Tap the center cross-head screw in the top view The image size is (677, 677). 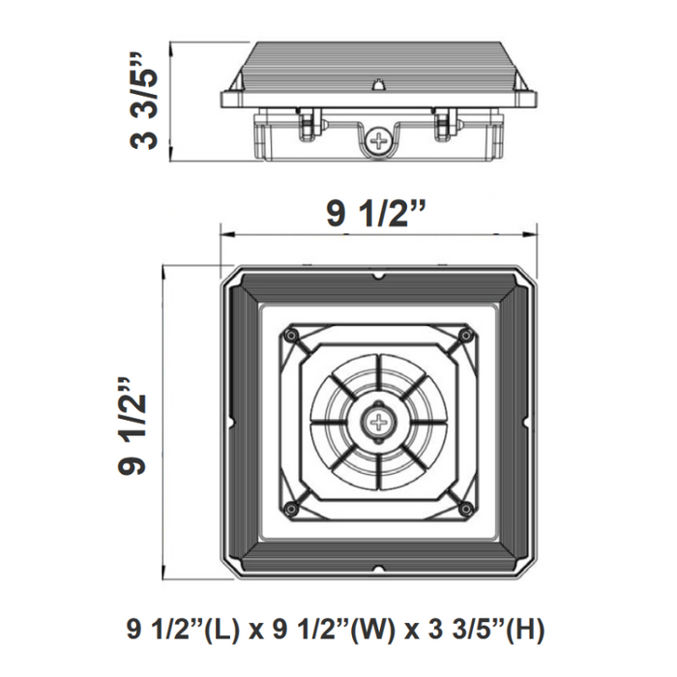click(x=378, y=422)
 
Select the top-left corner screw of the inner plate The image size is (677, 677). click(x=289, y=335)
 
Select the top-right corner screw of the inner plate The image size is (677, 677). click(x=467, y=335)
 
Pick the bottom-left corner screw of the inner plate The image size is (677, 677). click(x=289, y=510)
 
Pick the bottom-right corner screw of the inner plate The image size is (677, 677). click(x=467, y=510)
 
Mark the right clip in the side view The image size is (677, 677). click(x=446, y=120)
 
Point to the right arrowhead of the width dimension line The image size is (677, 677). click(x=534, y=232)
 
